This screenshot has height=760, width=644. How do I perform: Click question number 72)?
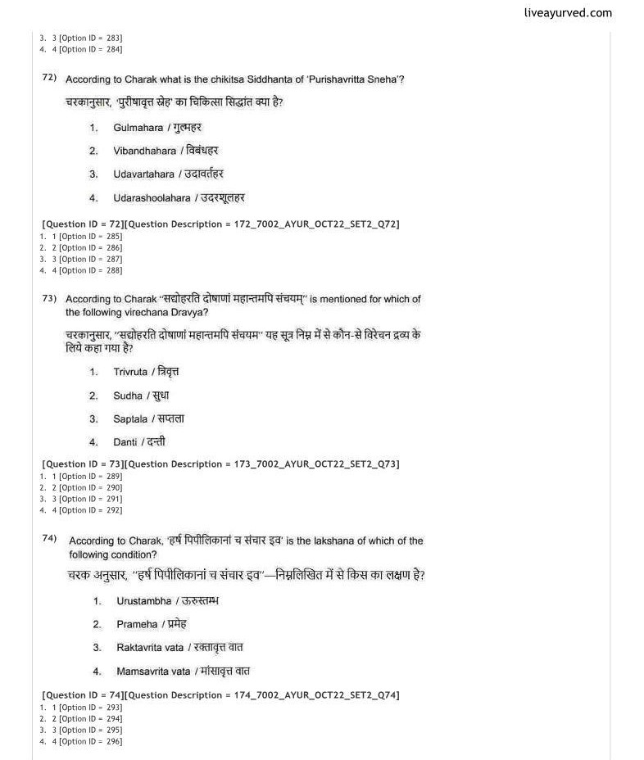49,78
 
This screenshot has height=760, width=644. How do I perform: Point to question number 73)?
49,299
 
